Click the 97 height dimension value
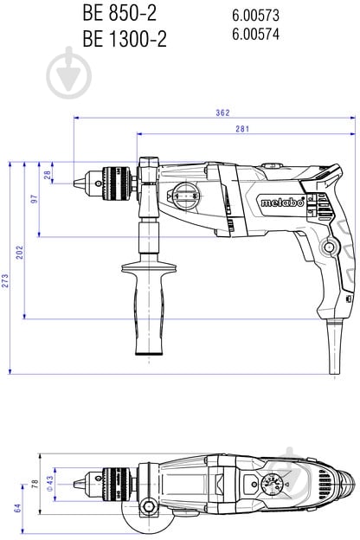point(35,199)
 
